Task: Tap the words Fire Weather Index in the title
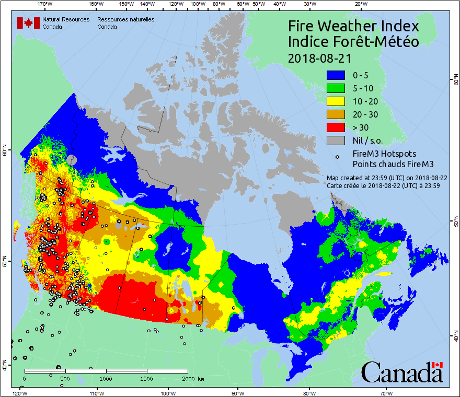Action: tap(353, 27)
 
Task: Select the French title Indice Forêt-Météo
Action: tap(353, 42)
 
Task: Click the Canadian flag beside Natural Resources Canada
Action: tap(28, 23)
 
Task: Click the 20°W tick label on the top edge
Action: tap(360, 4)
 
